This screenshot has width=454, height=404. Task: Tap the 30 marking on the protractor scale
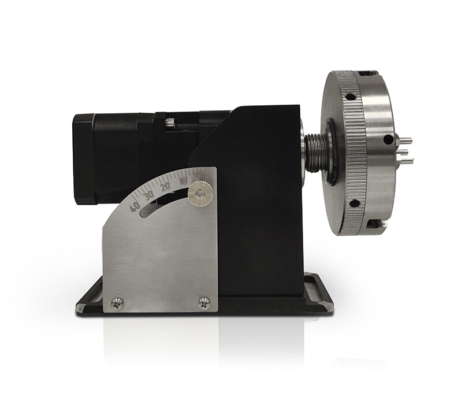pos(150,195)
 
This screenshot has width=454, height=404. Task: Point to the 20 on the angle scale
pos(166,187)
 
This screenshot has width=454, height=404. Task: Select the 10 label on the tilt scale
pos(183,180)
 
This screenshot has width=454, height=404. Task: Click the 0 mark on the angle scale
pos(202,177)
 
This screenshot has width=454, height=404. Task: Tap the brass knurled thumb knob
pos(200,193)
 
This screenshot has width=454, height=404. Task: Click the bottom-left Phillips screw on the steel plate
pos(117,302)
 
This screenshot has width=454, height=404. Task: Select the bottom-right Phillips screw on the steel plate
pos(204,302)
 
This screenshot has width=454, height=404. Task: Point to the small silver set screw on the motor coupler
pos(170,122)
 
